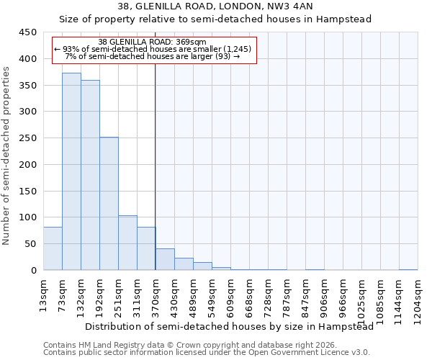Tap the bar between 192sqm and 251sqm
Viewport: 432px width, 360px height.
[x=109, y=204]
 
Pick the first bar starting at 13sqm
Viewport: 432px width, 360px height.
[x=53, y=248]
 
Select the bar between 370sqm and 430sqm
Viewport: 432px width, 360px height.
[x=165, y=259]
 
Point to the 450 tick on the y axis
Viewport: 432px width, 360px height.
[x=29, y=32]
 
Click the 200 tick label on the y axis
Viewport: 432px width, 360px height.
[x=29, y=165]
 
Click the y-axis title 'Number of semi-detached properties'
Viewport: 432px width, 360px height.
[x=6, y=156]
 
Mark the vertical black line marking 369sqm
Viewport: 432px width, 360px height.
[x=156, y=180]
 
